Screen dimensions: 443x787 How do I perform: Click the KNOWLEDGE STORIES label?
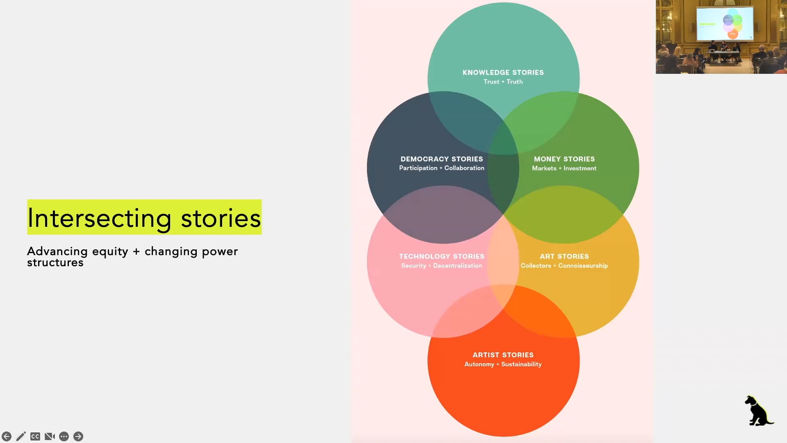(x=503, y=73)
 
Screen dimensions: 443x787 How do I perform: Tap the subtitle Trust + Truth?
(x=503, y=82)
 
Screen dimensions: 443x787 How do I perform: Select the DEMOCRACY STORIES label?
(x=441, y=159)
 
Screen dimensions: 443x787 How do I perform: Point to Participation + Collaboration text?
(x=441, y=168)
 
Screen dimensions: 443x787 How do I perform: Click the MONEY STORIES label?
(x=564, y=159)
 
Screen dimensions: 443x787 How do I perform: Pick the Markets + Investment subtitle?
(x=564, y=168)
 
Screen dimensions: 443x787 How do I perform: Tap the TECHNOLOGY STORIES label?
(x=441, y=256)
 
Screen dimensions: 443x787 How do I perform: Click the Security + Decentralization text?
(x=441, y=266)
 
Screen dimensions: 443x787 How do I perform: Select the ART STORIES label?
(x=564, y=256)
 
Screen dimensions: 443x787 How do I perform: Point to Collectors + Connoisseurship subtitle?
(x=564, y=266)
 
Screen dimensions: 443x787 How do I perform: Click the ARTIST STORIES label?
(x=503, y=355)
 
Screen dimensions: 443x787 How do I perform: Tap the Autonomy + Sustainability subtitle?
(x=503, y=364)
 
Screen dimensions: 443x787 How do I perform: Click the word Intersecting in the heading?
(x=99, y=218)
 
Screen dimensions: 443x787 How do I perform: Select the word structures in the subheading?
(x=55, y=263)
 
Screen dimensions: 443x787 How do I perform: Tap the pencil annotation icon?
(x=21, y=436)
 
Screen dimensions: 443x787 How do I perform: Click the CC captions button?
(x=35, y=436)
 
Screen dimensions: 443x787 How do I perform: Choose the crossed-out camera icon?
(x=50, y=436)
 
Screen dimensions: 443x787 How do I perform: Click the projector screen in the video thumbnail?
(x=725, y=23)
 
